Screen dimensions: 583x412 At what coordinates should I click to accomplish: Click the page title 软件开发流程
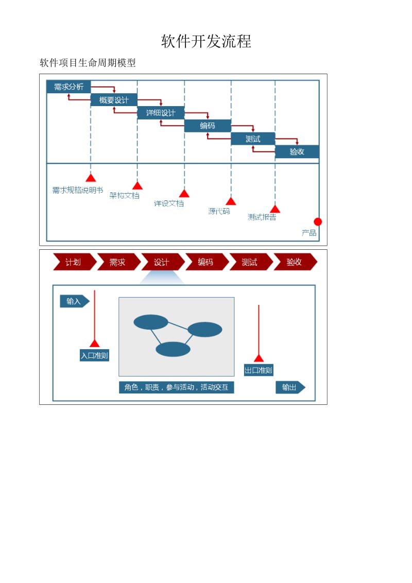206,42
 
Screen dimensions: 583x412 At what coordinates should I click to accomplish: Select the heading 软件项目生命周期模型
88,63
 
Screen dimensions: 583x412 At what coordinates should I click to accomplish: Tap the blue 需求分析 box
68,87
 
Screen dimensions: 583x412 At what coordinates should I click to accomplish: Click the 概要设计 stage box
114,100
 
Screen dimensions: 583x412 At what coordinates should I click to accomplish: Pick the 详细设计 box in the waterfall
161,113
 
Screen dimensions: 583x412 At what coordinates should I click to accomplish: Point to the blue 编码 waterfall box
208,126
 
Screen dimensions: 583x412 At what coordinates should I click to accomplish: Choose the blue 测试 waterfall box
253,139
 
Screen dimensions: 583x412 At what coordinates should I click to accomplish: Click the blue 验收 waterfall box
297,152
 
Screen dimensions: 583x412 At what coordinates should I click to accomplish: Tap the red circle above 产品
318,221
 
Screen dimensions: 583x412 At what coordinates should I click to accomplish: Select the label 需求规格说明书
78,190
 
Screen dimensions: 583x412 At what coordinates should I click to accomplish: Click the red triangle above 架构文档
137,186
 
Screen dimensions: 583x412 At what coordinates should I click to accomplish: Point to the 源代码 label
219,211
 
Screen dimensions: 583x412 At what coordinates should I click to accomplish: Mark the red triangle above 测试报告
275,209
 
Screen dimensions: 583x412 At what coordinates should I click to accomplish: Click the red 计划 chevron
74,262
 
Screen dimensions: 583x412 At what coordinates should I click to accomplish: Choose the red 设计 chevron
162,262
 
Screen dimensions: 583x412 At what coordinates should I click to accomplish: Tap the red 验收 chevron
295,262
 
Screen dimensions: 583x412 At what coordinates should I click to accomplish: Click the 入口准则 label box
95,355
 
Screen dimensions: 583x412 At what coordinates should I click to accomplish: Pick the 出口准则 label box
259,370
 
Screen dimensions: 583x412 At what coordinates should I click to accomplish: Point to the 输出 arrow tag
290,387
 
